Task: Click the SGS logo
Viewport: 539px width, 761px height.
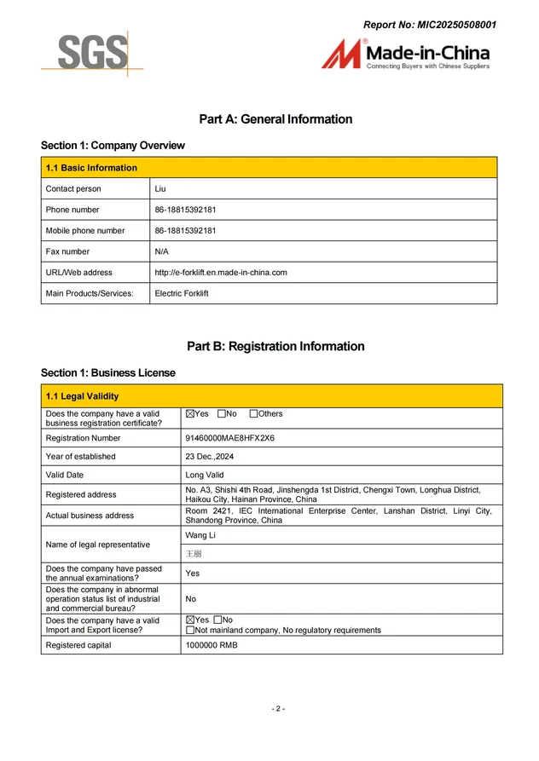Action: pyautogui.click(x=92, y=54)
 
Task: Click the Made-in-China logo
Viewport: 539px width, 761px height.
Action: pyautogui.click(x=406, y=54)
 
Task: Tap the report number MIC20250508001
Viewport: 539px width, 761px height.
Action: pyautogui.click(x=430, y=25)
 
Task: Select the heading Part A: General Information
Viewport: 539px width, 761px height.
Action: pyautogui.click(x=275, y=119)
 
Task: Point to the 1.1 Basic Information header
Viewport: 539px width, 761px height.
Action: pyautogui.click(x=91, y=168)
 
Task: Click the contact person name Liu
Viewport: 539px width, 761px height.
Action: pyautogui.click(x=160, y=189)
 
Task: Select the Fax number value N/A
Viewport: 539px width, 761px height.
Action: pyautogui.click(x=162, y=252)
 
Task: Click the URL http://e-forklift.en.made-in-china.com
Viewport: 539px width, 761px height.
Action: pyautogui.click(x=220, y=273)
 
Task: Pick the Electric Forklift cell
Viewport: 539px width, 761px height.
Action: pyautogui.click(x=181, y=294)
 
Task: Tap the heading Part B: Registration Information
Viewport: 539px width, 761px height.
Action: pyautogui.click(x=275, y=346)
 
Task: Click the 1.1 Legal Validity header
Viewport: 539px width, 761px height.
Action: pyautogui.click(x=82, y=396)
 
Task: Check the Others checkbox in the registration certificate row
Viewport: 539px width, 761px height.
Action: pyautogui.click(x=253, y=414)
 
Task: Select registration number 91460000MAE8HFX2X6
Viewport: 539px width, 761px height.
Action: pyautogui.click(x=229, y=438)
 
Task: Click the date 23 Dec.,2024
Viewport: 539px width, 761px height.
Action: pyautogui.click(x=210, y=457)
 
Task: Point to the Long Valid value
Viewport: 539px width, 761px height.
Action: pyautogui.click(x=205, y=476)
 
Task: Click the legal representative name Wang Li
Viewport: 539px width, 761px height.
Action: pyautogui.click(x=200, y=535)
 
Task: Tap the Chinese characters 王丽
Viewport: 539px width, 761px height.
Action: pyautogui.click(x=194, y=554)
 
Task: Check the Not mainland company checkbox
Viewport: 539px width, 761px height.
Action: pyautogui.click(x=189, y=631)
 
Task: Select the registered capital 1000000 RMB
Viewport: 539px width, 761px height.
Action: pyautogui.click(x=212, y=646)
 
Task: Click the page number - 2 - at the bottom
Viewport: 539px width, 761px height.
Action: pyautogui.click(x=278, y=709)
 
